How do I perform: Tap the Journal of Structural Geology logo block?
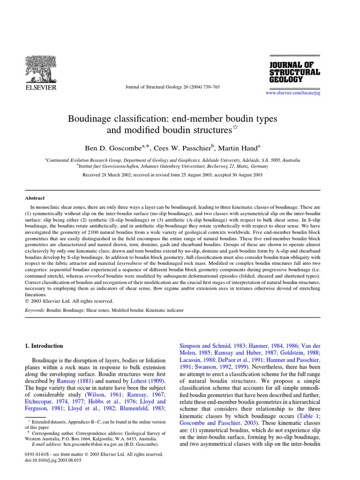294,72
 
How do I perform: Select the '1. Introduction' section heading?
44,346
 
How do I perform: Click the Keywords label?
35,311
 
